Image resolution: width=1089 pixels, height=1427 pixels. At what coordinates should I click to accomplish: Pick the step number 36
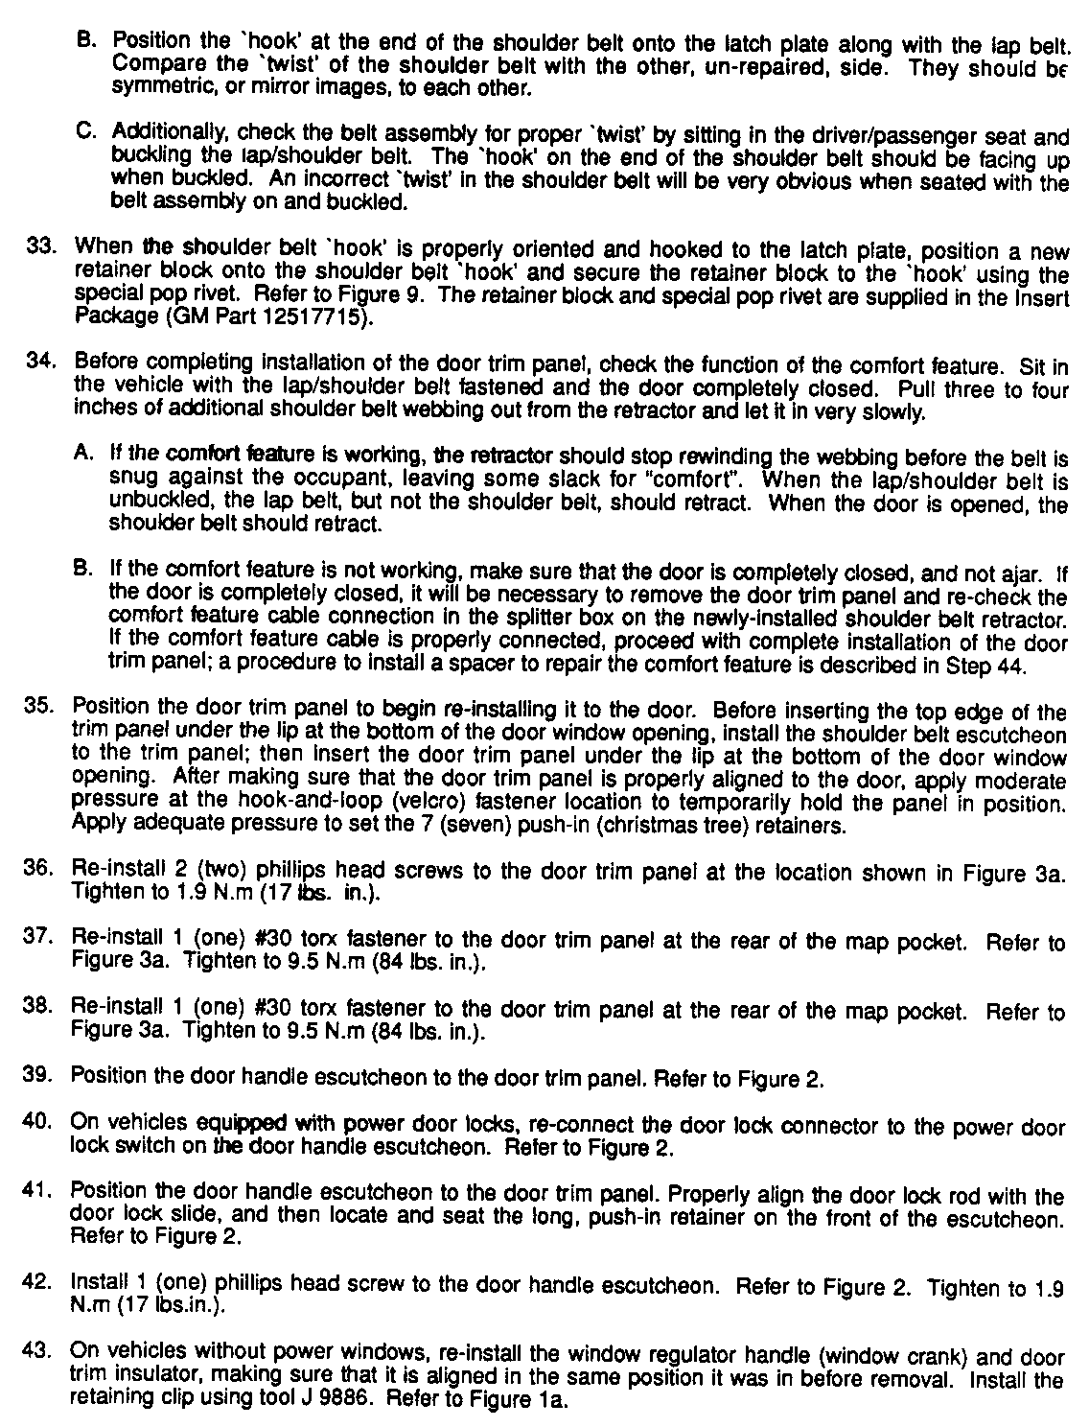tap(44, 870)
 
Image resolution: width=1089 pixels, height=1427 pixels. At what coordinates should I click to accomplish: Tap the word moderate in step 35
tap(1031, 780)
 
